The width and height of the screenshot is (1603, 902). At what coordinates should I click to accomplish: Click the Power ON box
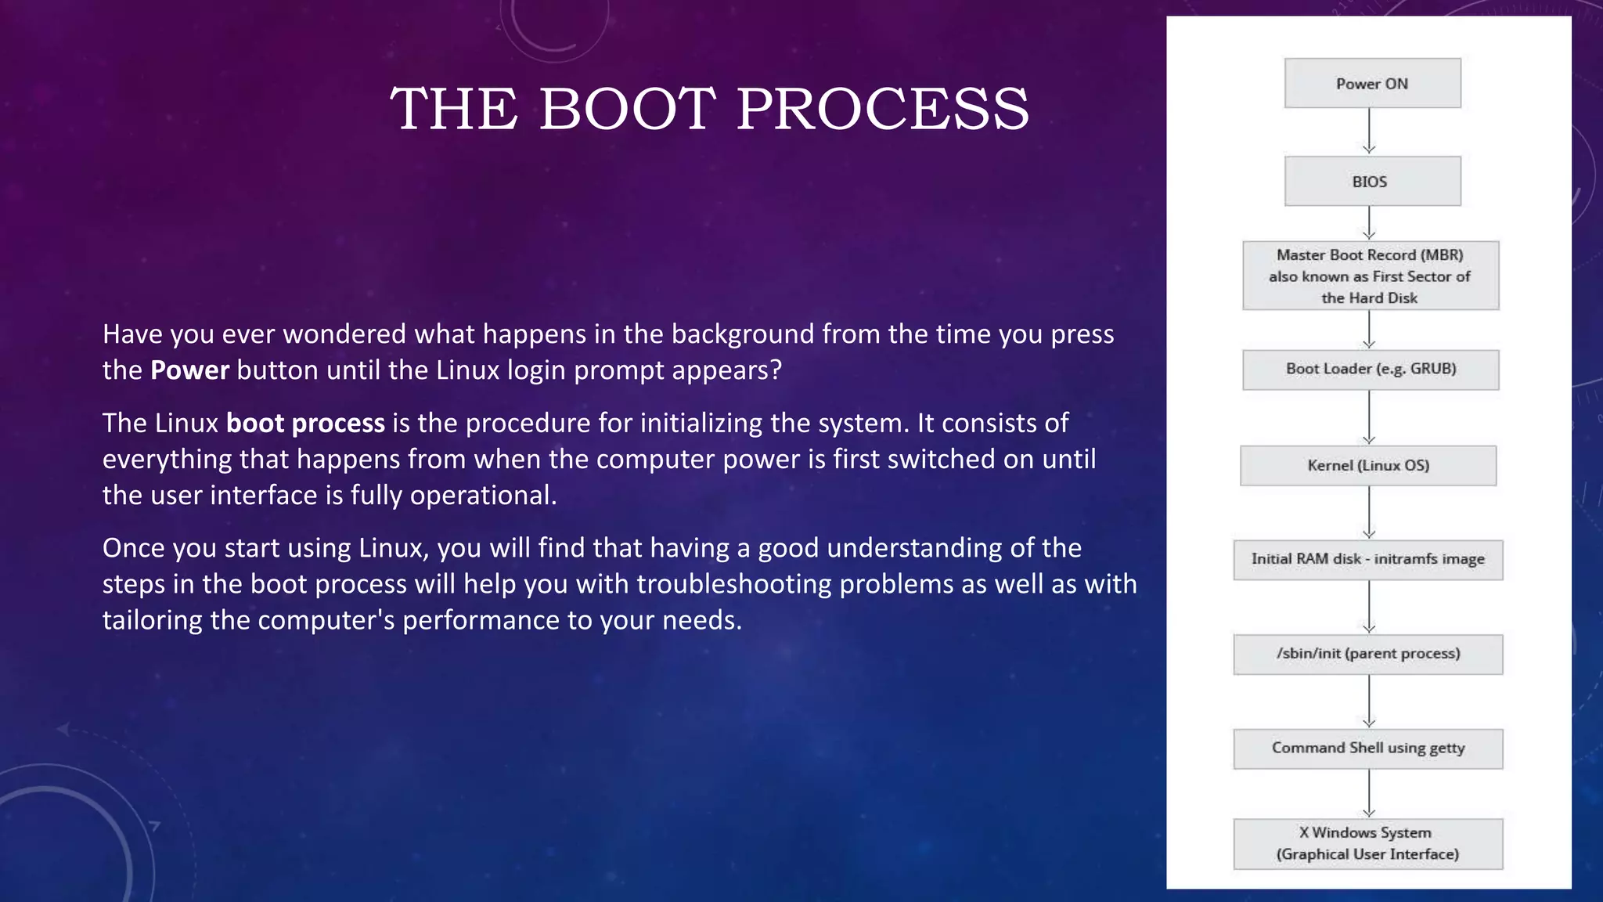click(x=1372, y=83)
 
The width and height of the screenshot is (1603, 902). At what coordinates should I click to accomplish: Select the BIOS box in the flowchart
click(x=1372, y=181)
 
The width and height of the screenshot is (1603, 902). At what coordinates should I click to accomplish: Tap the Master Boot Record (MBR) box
click(x=1371, y=276)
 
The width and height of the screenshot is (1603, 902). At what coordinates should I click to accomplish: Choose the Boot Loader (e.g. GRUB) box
click(x=1371, y=370)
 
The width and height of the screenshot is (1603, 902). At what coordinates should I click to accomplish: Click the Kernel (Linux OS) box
click(x=1368, y=466)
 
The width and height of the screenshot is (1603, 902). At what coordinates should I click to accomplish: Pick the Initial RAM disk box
click(x=1368, y=560)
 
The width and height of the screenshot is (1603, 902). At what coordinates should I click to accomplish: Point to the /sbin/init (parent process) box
click(x=1368, y=655)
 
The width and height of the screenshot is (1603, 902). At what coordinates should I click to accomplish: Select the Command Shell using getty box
click(x=1368, y=749)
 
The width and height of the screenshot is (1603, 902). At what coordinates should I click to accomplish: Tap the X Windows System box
click(x=1368, y=844)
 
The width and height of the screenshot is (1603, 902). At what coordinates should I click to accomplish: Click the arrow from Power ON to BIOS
click(x=1369, y=132)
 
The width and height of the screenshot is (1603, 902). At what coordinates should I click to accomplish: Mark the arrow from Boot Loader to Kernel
click(x=1369, y=417)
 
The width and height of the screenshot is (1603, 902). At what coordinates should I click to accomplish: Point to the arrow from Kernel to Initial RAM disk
click(x=1369, y=513)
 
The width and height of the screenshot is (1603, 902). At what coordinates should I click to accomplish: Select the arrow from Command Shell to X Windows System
click(x=1369, y=794)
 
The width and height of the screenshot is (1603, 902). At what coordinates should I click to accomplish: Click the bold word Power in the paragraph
click(x=189, y=370)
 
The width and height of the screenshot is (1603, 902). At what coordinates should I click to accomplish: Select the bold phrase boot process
click(x=305, y=423)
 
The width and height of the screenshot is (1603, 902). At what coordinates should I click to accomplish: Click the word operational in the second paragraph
click(x=481, y=495)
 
